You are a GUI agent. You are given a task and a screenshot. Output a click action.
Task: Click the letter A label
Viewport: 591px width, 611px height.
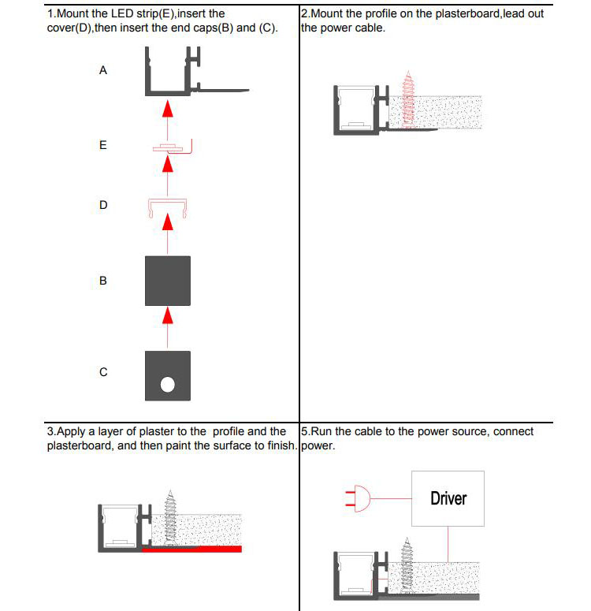[102, 70]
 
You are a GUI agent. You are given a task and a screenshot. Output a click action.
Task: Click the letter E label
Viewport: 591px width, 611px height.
[102, 146]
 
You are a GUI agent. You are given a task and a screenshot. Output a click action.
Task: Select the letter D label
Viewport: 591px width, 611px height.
[102, 205]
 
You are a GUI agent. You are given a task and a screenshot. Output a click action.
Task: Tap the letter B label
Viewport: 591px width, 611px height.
[102, 281]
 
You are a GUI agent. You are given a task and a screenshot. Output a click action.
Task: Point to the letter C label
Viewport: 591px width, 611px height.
[102, 371]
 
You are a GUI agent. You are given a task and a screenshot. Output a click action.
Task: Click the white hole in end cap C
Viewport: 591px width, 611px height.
[167, 385]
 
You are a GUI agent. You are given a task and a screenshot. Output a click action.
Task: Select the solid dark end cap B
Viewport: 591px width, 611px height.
[167, 280]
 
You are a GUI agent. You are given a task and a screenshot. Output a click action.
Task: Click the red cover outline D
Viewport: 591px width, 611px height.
[168, 207]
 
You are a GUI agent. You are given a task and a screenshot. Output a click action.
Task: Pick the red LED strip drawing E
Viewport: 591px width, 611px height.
[169, 147]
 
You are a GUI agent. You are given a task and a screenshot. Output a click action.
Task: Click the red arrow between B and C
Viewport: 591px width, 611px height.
[167, 316]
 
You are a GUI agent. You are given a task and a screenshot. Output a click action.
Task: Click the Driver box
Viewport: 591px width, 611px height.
[448, 498]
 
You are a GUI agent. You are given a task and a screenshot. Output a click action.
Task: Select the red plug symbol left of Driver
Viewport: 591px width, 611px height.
[358, 499]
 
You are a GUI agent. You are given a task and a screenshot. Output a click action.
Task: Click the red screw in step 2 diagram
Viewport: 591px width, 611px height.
[407, 100]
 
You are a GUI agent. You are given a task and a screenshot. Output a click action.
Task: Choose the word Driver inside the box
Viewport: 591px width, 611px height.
[448, 498]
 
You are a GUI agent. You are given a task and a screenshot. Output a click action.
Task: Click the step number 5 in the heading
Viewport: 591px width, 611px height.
[304, 431]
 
